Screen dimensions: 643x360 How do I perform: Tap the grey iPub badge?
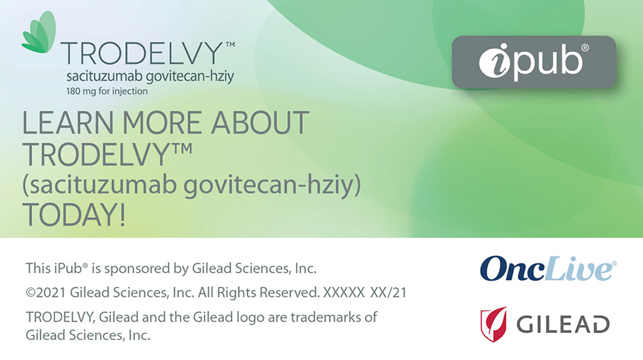click(534, 62)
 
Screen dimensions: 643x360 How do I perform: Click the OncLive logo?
click(548, 269)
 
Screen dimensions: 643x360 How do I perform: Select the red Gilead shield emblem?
click(494, 324)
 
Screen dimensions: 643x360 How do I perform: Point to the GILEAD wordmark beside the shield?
click(563, 325)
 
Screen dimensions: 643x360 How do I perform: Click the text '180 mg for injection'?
click(107, 91)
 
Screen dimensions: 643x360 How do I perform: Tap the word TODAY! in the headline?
click(74, 214)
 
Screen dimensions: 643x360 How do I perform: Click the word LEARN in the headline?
click(68, 123)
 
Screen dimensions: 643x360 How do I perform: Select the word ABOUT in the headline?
click(260, 123)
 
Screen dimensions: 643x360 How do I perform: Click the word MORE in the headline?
click(162, 123)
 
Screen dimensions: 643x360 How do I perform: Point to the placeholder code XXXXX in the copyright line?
click(344, 293)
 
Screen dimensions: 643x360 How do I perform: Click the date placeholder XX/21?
click(389, 293)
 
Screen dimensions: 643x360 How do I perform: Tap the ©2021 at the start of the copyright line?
click(46, 293)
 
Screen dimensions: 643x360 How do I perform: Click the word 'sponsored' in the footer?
click(138, 269)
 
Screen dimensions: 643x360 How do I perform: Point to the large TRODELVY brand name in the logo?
click(142, 54)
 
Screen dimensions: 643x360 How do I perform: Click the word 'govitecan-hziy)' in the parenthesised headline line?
click(272, 185)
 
